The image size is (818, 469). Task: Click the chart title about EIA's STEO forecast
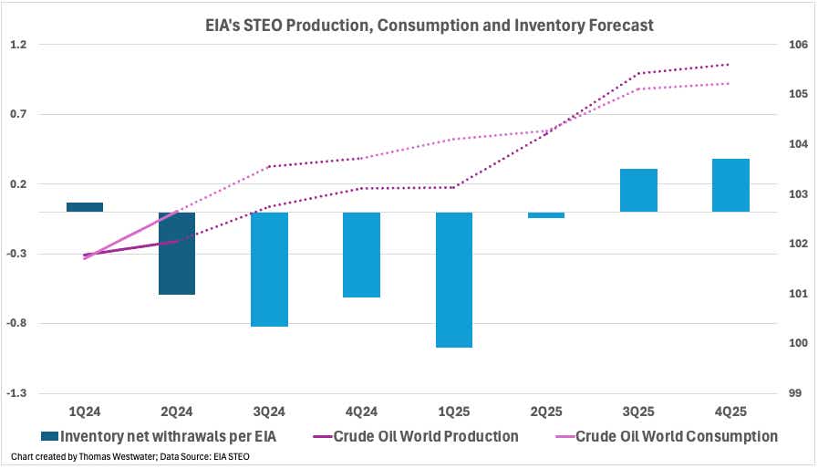click(x=409, y=26)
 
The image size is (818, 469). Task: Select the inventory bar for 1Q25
click(x=454, y=279)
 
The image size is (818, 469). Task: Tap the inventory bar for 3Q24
click(x=269, y=269)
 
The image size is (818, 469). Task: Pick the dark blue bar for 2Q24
click(x=177, y=253)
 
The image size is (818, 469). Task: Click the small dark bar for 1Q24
click(x=85, y=207)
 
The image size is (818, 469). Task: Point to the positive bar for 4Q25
click(x=730, y=185)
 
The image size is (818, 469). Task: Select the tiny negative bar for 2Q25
click(x=546, y=214)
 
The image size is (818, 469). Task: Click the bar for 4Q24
click(x=361, y=255)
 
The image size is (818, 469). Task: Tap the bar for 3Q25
click(x=638, y=190)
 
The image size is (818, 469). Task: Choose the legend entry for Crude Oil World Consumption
click(x=676, y=436)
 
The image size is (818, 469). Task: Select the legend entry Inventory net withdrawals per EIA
click(x=160, y=436)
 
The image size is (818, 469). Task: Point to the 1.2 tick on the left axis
click(x=19, y=45)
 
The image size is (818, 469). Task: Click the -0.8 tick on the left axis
click(x=18, y=323)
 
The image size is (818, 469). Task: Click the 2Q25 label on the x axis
click(x=546, y=412)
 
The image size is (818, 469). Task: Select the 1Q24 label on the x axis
click(x=85, y=412)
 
